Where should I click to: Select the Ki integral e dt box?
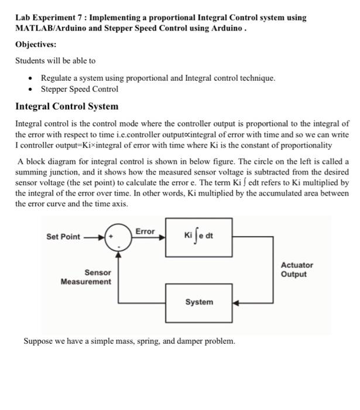[199, 237]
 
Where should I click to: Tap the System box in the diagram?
[199, 302]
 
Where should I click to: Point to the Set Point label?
[63, 237]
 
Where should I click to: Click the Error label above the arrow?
[145, 231]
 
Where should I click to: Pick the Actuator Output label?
[297, 269]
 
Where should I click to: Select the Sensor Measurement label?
[86, 277]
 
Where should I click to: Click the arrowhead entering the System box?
[236, 303]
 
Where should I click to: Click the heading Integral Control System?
[67, 107]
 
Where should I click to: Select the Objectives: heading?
[36, 45]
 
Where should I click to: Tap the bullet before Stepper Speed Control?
[30, 90]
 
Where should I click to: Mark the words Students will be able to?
[56, 60]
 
